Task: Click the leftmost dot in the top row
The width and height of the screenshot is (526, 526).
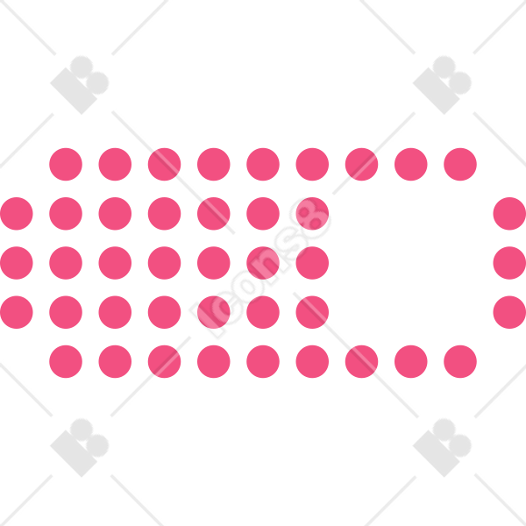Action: (66, 165)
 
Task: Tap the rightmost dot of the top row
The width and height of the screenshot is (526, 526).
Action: (460, 165)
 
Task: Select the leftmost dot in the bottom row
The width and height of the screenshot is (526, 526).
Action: (66, 361)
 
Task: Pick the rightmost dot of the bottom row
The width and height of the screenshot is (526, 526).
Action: (460, 361)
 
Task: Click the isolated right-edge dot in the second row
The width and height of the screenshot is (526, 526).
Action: (509, 214)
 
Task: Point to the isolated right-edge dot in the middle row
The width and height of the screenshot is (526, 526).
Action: (509, 263)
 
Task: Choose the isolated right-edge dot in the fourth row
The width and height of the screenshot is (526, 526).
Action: (509, 312)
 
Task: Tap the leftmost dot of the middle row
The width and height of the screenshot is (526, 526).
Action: (17, 263)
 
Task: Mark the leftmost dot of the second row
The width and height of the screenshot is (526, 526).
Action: (17, 214)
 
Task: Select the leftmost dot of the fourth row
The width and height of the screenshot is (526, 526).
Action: (17, 312)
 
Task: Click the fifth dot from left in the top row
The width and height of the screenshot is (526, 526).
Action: (263, 165)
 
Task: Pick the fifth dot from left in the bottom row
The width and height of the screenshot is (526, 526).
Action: (263, 361)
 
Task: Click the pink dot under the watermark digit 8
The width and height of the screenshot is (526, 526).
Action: (312, 214)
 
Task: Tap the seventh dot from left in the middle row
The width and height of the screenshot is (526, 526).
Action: (312, 263)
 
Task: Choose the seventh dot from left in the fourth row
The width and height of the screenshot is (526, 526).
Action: (312, 312)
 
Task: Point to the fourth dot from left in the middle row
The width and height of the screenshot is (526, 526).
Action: (165, 263)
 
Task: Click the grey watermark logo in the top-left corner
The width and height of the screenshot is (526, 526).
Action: (80, 85)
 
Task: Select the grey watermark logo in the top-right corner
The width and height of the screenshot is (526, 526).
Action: (442, 85)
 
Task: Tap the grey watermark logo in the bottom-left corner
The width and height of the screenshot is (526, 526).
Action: (80, 447)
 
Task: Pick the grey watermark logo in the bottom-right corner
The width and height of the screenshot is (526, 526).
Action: (442, 447)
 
